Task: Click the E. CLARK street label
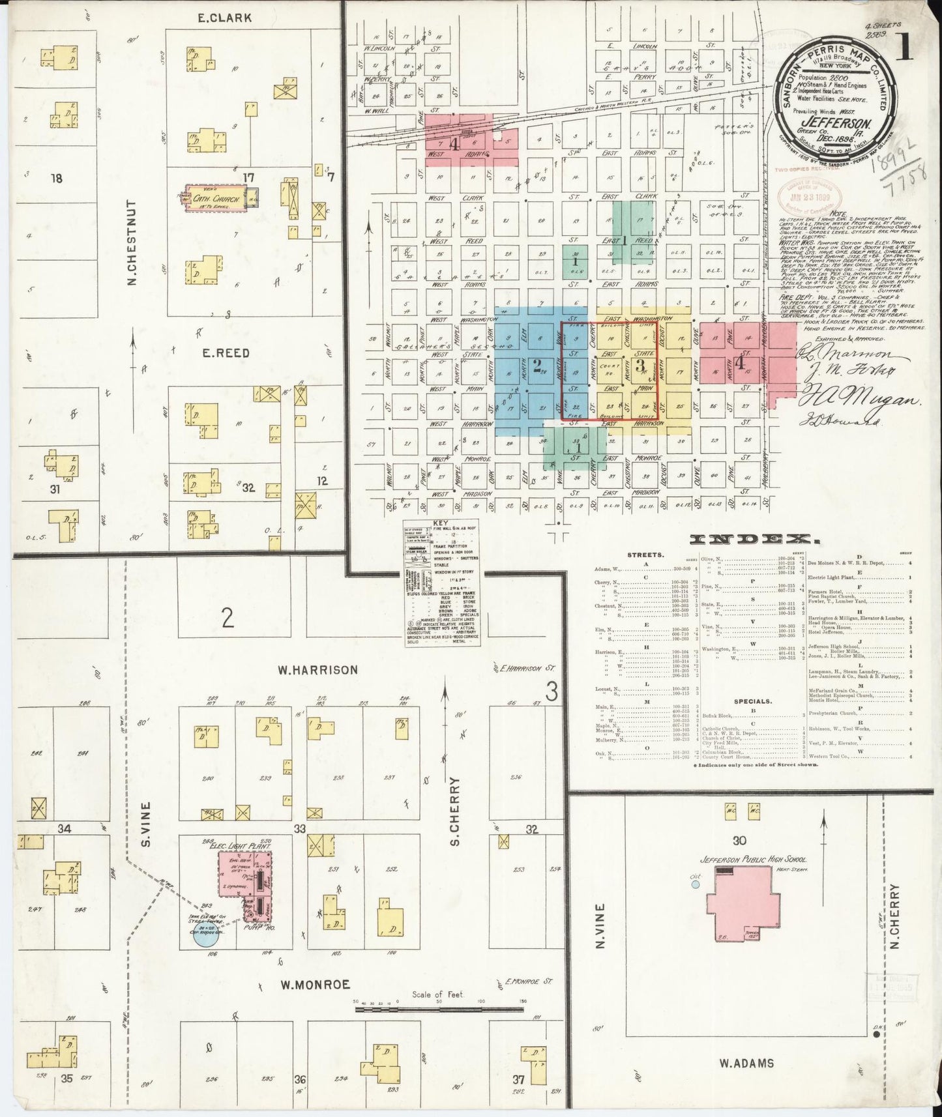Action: pyautogui.click(x=224, y=18)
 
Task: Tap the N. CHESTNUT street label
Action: pyautogui.click(x=131, y=242)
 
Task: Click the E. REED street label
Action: pyautogui.click(x=225, y=353)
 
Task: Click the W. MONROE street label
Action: pyautogui.click(x=315, y=984)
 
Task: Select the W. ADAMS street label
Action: pyautogui.click(x=746, y=1063)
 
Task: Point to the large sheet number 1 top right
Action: pyautogui.click(x=903, y=48)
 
